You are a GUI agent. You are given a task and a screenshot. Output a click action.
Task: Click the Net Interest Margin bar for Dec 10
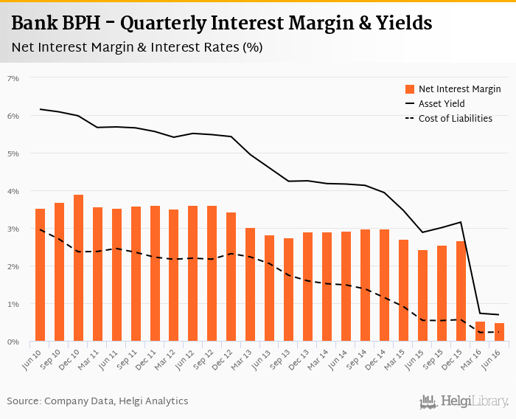(x=78, y=269)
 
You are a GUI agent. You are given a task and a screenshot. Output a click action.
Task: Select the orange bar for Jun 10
(x=40, y=275)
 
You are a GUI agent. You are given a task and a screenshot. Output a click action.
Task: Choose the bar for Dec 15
(x=461, y=291)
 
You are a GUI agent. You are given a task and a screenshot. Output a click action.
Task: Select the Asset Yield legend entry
(x=441, y=104)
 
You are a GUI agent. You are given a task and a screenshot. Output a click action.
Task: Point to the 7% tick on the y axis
(x=13, y=78)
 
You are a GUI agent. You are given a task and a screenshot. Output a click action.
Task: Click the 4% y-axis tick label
(x=13, y=191)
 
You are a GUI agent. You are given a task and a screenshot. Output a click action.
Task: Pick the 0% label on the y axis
(x=13, y=342)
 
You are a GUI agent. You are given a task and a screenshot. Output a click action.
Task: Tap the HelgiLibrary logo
(x=464, y=401)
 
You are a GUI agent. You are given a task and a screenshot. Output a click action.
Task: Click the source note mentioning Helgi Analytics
(x=97, y=401)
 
